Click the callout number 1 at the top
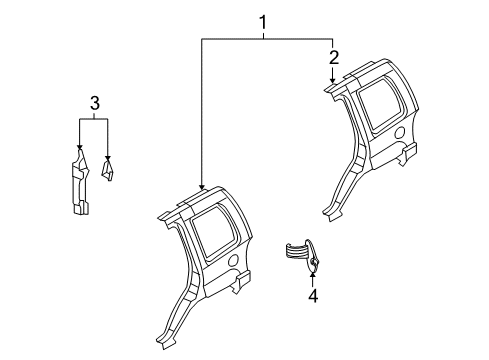click(x=264, y=21)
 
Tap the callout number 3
click(x=94, y=102)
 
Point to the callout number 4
click(x=312, y=296)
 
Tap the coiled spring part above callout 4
click(x=298, y=251)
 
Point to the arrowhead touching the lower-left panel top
click(x=202, y=186)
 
